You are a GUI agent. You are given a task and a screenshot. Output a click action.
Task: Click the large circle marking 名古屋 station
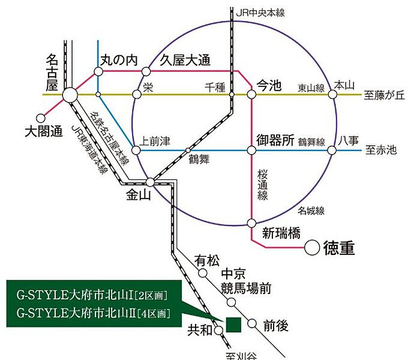tap(69, 95)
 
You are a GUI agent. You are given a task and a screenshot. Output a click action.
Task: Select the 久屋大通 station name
tap(185, 59)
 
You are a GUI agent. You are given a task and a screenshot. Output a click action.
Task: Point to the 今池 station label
tap(268, 85)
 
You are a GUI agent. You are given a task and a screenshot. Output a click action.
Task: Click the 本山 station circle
tap(333, 95)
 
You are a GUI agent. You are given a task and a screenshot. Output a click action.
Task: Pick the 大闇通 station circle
tap(41, 118)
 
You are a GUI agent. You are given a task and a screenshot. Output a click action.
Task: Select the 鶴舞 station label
tap(198, 159)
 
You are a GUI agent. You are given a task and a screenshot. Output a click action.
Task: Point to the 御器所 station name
tap(275, 141)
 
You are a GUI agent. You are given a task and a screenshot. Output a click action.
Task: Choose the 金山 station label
tap(139, 195)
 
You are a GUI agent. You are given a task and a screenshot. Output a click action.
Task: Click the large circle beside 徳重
tap(312, 247)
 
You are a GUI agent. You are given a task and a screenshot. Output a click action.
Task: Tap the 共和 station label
tap(199, 329)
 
